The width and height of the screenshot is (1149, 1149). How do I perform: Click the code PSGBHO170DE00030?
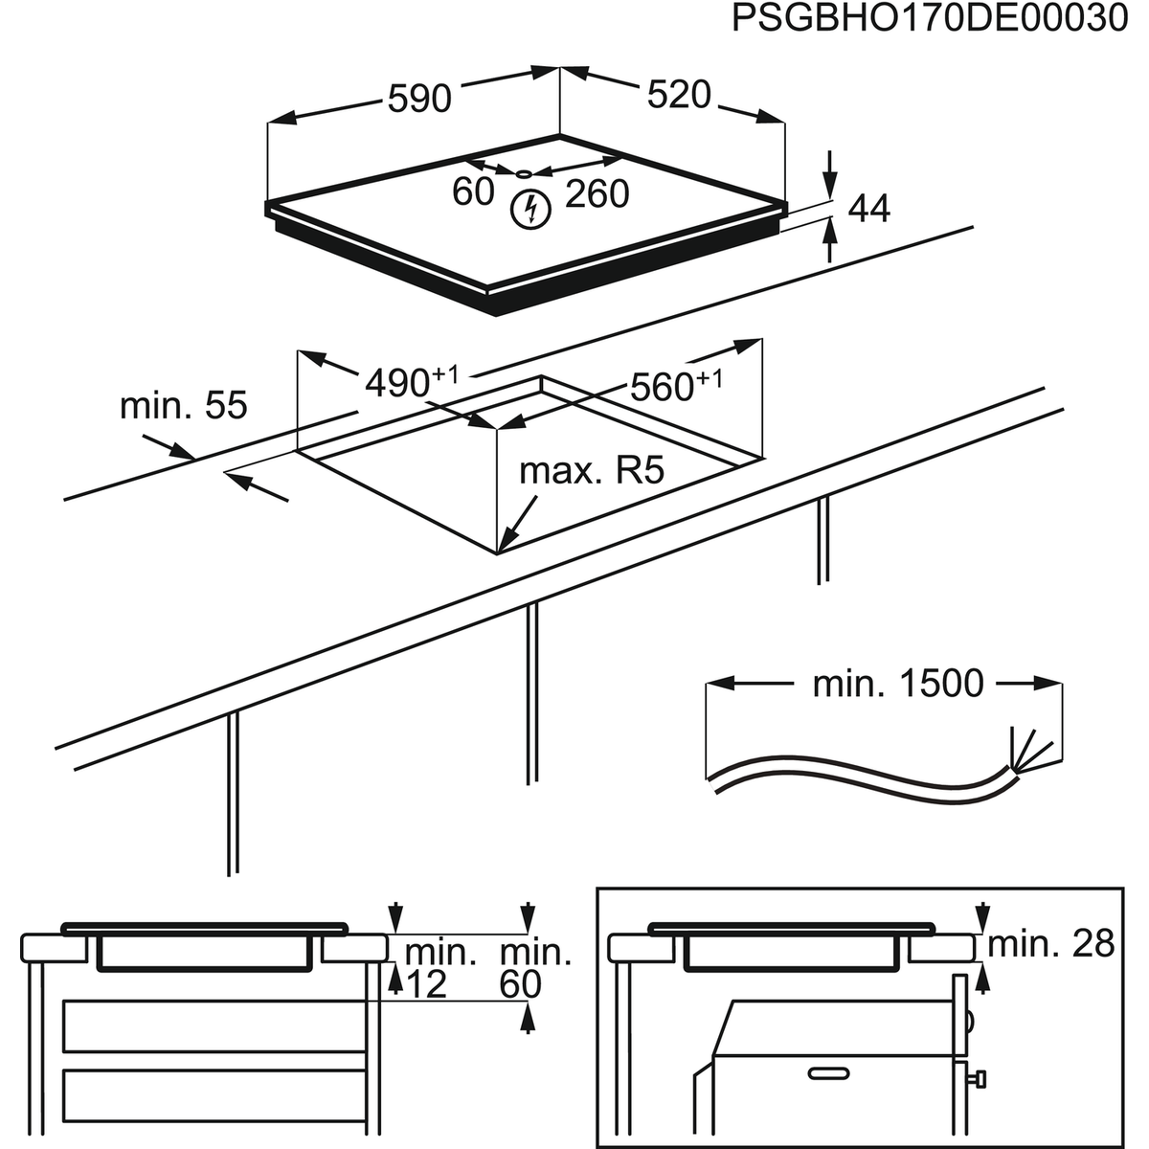tap(929, 18)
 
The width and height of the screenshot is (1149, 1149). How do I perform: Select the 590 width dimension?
tap(418, 98)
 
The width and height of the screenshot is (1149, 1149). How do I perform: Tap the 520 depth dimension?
tap(679, 94)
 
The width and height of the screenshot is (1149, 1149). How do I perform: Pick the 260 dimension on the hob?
tap(597, 193)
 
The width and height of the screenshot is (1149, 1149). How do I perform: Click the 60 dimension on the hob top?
tap(473, 191)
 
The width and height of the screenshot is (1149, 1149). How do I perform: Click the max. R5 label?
tap(591, 471)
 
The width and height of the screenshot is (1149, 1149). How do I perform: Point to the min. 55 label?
tap(183, 405)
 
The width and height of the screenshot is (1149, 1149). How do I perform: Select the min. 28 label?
tap(1050, 944)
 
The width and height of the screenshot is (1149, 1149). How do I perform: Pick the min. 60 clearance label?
tap(535, 968)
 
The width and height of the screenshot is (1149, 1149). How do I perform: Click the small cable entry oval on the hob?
tap(523, 174)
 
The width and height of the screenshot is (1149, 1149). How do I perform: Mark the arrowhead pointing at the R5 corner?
tap(507, 542)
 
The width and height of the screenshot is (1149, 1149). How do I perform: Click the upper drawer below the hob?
tap(214, 1025)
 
